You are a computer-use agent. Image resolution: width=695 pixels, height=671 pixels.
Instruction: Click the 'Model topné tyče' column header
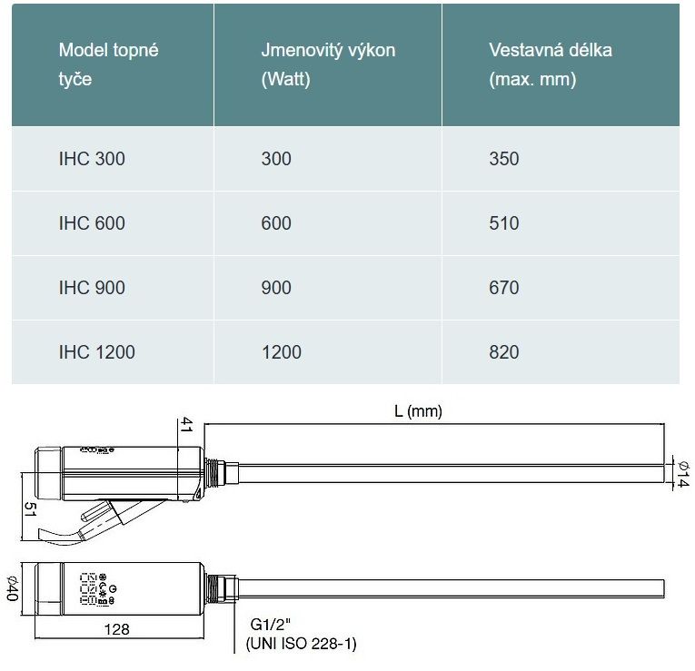pyautogui.click(x=109, y=64)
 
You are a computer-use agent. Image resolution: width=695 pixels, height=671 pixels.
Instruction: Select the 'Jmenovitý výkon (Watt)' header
pyautogui.click(x=328, y=64)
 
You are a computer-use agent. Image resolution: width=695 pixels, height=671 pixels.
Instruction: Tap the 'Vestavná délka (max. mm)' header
pyautogui.click(x=551, y=64)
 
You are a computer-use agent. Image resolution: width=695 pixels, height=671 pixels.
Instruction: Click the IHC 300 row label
pyautogui.click(x=92, y=159)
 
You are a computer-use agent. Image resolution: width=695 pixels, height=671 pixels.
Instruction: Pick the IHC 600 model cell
pyautogui.click(x=92, y=223)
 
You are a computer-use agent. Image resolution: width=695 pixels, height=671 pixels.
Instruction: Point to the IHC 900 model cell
pyautogui.click(x=92, y=288)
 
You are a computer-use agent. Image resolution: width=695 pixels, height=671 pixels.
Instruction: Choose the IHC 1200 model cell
pyautogui.click(x=96, y=352)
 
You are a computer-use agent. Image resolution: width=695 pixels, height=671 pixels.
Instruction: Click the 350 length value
pyautogui.click(x=504, y=159)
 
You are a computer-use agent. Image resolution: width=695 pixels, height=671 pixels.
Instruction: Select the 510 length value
pyautogui.click(x=504, y=223)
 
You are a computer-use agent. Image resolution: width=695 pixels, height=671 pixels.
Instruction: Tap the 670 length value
pyautogui.click(x=504, y=288)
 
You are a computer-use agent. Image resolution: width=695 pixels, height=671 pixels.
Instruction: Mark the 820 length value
pyautogui.click(x=504, y=352)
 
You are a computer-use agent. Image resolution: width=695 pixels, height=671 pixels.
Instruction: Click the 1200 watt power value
pyautogui.click(x=282, y=352)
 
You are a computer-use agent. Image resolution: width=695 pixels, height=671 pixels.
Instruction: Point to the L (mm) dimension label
pyautogui.click(x=418, y=411)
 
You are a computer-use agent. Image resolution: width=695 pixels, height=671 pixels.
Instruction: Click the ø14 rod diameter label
pyautogui.click(x=683, y=474)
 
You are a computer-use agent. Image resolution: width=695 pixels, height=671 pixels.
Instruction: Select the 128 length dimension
pyautogui.click(x=116, y=629)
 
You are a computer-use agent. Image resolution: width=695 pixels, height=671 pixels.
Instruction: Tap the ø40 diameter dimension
pyautogui.click(x=13, y=588)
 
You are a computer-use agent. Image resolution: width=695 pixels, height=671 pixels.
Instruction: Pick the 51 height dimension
pyautogui.click(x=30, y=509)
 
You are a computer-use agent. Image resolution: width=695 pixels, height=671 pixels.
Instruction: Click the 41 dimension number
pyautogui.click(x=186, y=424)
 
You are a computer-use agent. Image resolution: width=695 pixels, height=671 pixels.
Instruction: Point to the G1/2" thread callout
pyautogui.click(x=271, y=625)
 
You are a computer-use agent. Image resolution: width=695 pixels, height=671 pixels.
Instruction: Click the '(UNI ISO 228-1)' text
pyautogui.click(x=302, y=644)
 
